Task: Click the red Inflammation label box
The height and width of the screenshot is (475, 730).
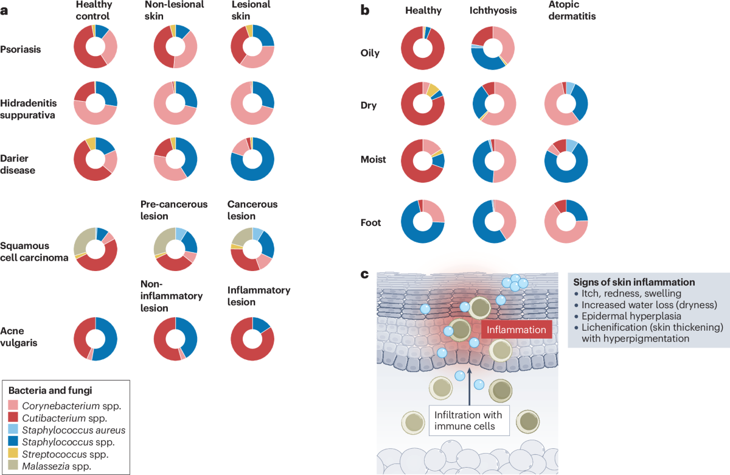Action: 516,329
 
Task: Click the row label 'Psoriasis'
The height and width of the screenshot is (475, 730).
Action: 21,49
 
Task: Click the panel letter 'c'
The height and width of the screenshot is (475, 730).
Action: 364,273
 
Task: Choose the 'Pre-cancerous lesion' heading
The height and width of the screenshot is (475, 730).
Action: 174,210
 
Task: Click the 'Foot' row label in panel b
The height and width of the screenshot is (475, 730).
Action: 370,222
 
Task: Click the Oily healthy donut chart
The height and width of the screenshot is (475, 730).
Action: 423,48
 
